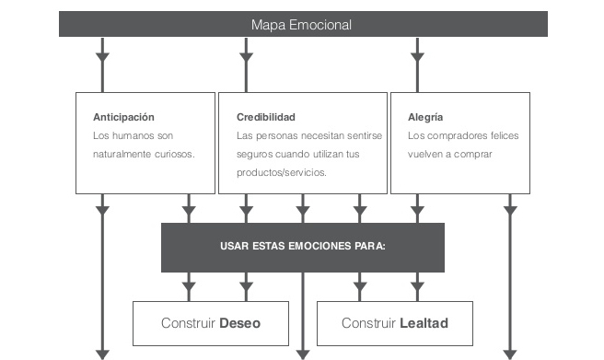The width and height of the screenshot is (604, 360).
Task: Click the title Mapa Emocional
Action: click(302, 24)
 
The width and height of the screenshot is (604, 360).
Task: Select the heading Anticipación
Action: click(123, 117)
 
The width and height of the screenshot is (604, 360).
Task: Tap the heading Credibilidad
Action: click(266, 117)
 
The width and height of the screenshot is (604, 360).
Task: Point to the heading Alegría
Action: click(424, 117)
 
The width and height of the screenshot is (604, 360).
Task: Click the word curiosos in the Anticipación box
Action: click(172, 154)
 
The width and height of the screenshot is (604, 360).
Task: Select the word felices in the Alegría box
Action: click(499, 135)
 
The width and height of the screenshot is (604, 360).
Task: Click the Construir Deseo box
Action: click(211, 323)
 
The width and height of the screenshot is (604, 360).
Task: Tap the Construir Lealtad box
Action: click(394, 323)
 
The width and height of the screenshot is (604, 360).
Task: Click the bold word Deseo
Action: click(239, 323)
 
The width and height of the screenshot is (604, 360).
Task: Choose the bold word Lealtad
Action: click(424, 323)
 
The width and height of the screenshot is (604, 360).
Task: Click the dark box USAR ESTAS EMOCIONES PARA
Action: click(302, 247)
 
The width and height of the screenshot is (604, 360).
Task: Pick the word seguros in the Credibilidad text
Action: click(256, 154)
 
